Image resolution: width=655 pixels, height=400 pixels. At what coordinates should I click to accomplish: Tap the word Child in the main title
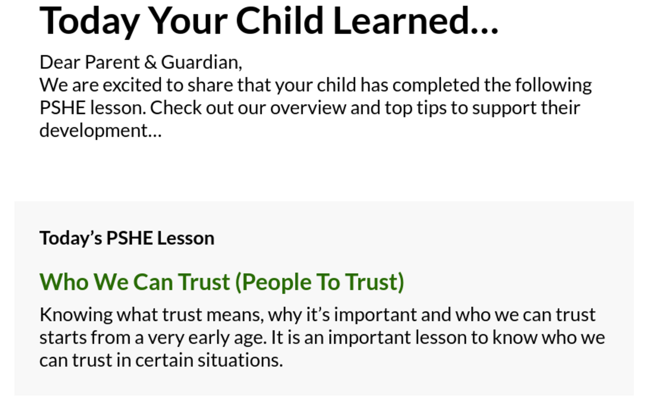[x=280, y=21]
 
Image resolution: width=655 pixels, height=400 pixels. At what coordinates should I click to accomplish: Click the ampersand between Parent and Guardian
[x=151, y=62]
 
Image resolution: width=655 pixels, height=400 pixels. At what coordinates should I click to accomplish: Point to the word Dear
[x=60, y=62]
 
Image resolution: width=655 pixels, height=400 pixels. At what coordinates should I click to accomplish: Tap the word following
[x=553, y=85]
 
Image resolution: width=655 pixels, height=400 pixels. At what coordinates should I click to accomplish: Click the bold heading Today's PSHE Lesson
[x=127, y=238]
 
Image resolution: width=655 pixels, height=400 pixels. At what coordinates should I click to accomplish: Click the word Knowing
[x=76, y=315]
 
